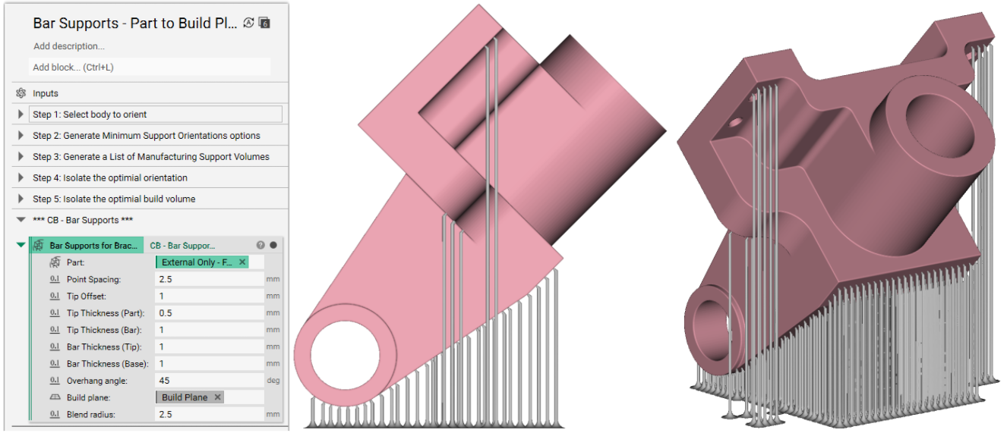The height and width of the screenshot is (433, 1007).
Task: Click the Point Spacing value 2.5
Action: (166, 279)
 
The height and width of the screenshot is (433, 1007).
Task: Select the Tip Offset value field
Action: (209, 297)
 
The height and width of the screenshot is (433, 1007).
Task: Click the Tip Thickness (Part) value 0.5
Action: (166, 313)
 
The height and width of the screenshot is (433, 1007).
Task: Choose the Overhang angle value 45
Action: (164, 381)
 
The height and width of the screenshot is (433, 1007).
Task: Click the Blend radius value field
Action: (209, 414)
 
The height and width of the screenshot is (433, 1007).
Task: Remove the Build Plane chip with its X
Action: (218, 397)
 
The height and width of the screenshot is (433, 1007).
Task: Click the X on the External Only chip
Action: (242, 262)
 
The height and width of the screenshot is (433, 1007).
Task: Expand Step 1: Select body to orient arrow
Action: (21, 115)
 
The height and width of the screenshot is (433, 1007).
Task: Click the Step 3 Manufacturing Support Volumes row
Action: (150, 157)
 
